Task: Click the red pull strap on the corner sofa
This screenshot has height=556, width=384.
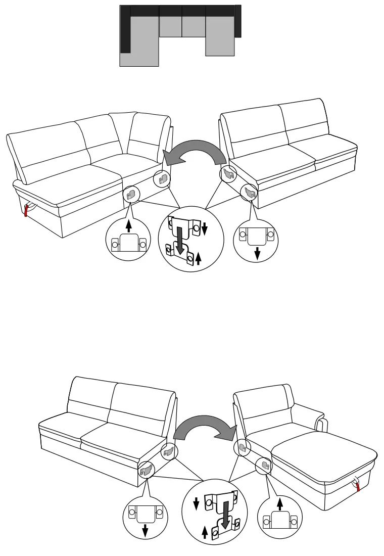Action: click(x=26, y=210)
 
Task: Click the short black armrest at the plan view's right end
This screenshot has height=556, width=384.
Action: click(x=238, y=21)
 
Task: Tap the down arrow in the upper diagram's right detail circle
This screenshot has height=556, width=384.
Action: click(x=257, y=252)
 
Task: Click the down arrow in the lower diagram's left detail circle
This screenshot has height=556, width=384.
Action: click(x=146, y=529)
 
